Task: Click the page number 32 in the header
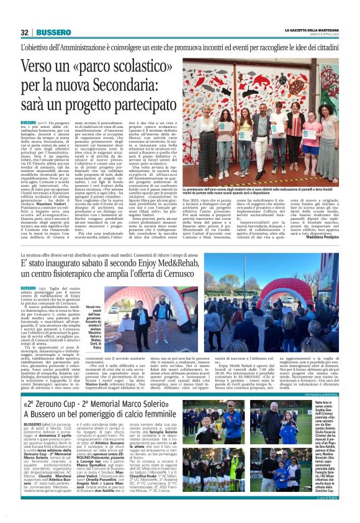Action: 25,32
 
